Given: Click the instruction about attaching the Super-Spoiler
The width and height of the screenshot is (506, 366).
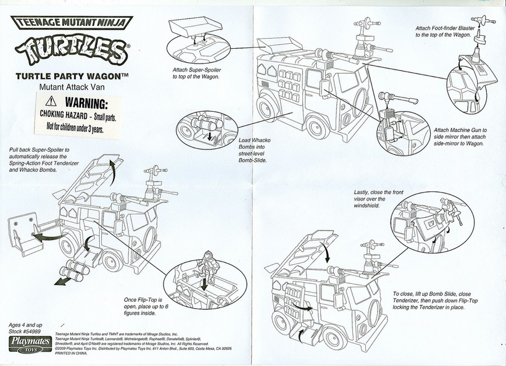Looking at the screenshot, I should [x=198, y=73].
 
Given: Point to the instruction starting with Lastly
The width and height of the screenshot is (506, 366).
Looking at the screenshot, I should [x=370, y=199].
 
